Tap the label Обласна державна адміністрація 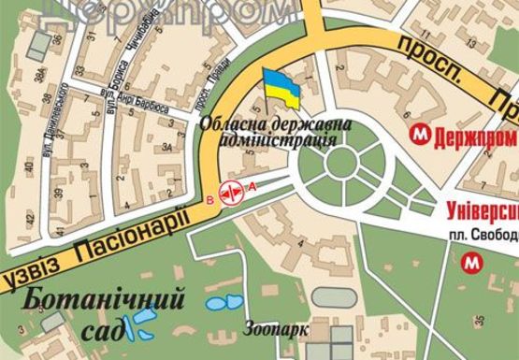(267, 132)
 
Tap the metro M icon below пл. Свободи (469, 265)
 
